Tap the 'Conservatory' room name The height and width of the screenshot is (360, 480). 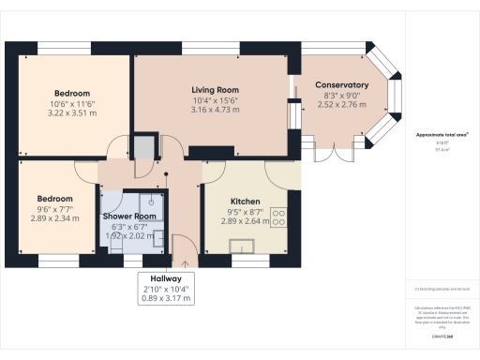(x=341, y=85)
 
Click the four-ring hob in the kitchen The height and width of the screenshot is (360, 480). (x=278, y=218)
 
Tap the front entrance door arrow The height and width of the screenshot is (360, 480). (x=186, y=249)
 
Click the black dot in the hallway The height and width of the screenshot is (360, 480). (x=165, y=174)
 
